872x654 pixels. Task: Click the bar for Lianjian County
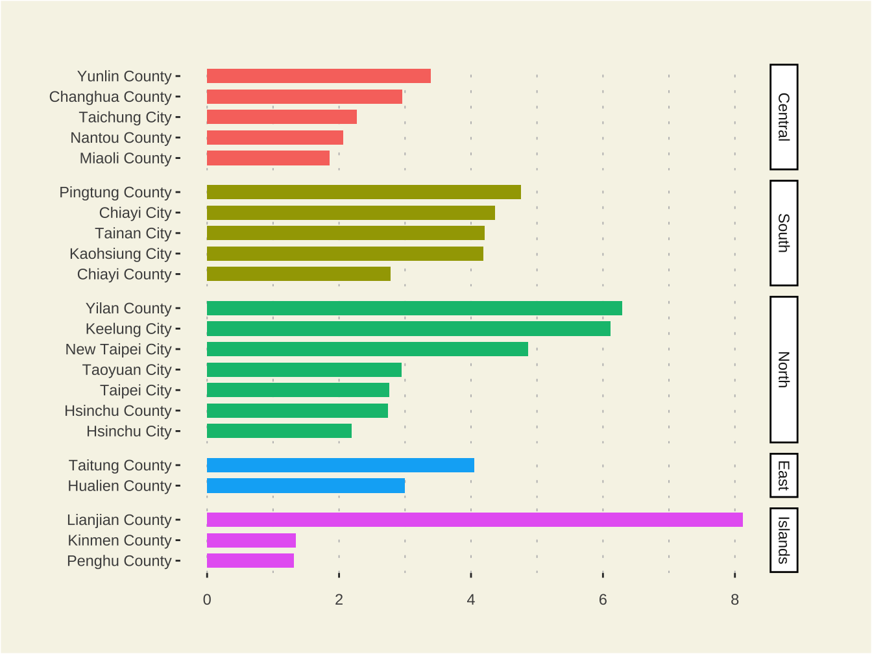(x=474, y=520)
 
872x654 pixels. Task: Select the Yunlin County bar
(x=319, y=76)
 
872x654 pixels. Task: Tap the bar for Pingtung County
(x=363, y=192)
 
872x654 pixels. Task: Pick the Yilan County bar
(x=414, y=308)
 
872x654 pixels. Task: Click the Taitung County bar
(x=340, y=465)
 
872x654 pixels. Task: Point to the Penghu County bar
(x=250, y=561)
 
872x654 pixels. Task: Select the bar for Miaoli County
(x=268, y=158)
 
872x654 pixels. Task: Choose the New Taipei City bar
(x=367, y=349)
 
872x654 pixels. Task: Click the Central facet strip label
(x=784, y=117)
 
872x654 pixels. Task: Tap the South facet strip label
(x=784, y=233)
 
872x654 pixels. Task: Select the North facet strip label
(x=784, y=369)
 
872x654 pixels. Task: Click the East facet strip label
(x=784, y=476)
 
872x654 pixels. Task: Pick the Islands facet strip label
(x=784, y=540)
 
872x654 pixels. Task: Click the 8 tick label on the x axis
(x=734, y=599)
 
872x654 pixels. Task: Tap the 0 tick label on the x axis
(x=207, y=599)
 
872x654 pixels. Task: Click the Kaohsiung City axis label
(x=121, y=254)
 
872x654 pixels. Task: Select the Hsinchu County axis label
(x=118, y=411)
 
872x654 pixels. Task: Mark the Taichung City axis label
(x=125, y=117)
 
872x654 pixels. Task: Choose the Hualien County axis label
(x=120, y=486)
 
